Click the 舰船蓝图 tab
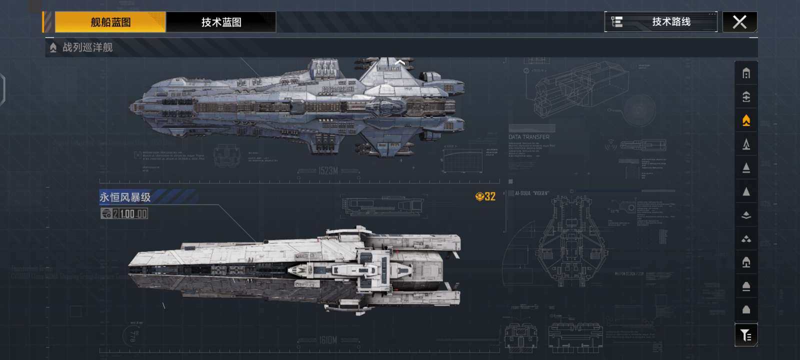click(110, 22)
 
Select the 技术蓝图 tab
click(221, 22)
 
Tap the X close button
click(739, 22)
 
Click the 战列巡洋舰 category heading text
click(87, 47)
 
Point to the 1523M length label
click(328, 171)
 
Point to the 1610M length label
click(328, 340)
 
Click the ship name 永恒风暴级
click(125, 197)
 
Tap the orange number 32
click(489, 196)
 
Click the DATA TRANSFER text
click(529, 137)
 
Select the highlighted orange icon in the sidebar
click(746, 120)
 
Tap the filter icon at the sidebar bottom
click(746, 335)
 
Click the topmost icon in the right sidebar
click(746, 73)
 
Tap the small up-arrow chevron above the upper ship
click(400, 62)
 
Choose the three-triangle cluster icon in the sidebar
click(746, 239)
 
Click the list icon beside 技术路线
click(617, 22)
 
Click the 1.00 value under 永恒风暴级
click(127, 214)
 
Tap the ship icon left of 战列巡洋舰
click(53, 47)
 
